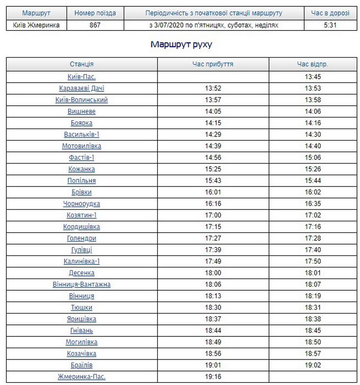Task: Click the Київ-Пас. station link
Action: tap(82, 77)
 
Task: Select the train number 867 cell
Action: tap(95, 25)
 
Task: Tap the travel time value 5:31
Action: tap(330, 25)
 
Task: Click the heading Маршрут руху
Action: tap(181, 44)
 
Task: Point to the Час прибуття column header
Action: tap(213, 64)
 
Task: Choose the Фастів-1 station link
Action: tap(82, 157)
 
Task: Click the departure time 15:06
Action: tap(313, 157)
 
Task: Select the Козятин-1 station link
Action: tap(82, 215)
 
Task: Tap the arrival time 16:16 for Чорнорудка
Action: tap(213, 203)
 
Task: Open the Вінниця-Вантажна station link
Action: tap(82, 284)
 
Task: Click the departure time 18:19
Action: tap(313, 296)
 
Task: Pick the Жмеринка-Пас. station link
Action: tap(82, 377)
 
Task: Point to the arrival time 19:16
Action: tap(213, 377)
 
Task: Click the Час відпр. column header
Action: tap(313, 64)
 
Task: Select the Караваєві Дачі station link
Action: tap(82, 88)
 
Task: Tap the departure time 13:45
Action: tap(313, 77)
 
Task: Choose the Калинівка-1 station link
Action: tap(82, 261)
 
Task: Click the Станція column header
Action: tap(82, 64)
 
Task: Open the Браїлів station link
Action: tap(82, 365)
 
